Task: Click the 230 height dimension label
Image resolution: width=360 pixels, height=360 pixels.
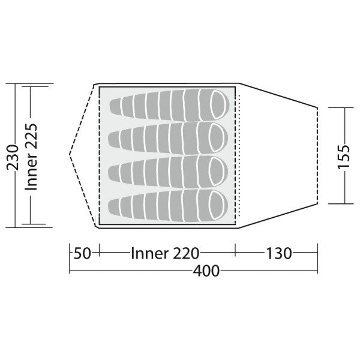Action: pos(17,155)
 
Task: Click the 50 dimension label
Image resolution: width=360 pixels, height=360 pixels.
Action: pos(82,253)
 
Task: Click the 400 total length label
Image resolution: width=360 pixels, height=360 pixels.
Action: pos(206,271)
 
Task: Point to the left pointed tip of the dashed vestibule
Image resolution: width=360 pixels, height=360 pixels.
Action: pos(69,155)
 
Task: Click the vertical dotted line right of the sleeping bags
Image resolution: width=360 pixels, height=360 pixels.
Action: pos(238,156)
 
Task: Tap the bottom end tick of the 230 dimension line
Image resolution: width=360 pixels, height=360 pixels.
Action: pos(18,227)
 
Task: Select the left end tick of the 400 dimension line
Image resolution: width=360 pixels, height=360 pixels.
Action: pos(70,271)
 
